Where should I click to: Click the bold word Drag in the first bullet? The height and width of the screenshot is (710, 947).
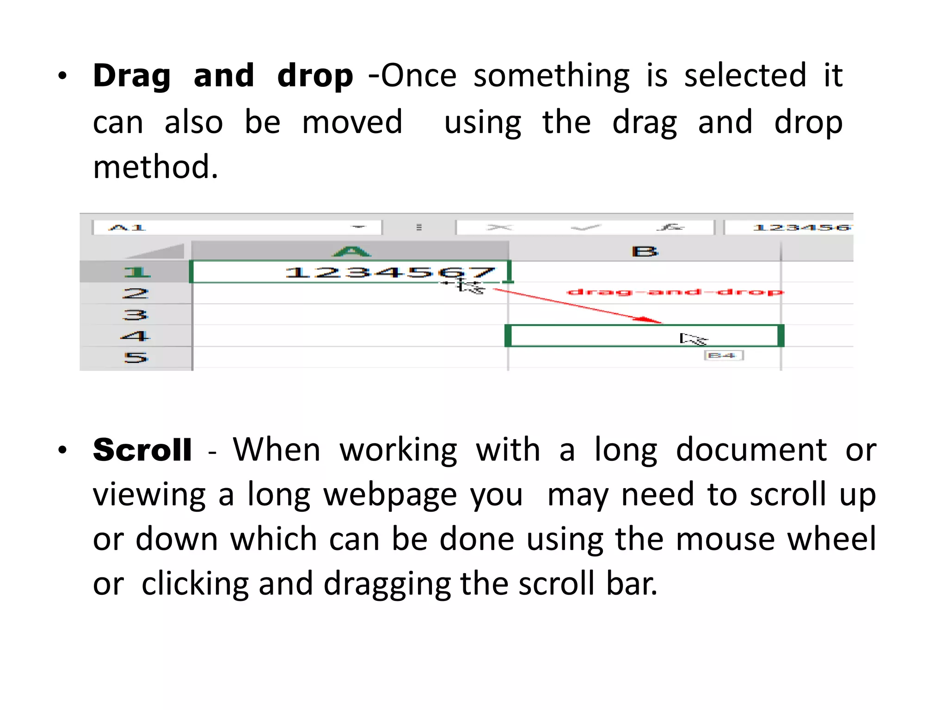point(131,76)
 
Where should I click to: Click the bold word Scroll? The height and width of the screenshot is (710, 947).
point(142,450)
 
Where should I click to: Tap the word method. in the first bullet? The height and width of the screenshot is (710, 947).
point(155,167)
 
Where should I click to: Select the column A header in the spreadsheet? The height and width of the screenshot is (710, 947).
point(351,251)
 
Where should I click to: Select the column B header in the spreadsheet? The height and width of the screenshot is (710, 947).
point(644,251)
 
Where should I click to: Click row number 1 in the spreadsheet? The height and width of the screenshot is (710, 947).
point(136,272)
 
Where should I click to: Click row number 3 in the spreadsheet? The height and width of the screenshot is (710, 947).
point(135,315)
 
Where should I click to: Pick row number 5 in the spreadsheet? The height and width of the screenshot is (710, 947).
point(135,357)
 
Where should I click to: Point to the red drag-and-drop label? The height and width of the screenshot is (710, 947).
point(675,292)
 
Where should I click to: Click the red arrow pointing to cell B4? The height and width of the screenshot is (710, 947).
point(578,306)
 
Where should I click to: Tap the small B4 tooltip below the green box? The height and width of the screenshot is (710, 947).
point(723,355)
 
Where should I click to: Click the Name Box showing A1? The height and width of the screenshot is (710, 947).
point(236,227)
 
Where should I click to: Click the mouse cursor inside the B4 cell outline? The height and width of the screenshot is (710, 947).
point(692,339)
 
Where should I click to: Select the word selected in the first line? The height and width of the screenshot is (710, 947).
point(745,76)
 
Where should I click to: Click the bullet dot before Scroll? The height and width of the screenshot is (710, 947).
point(63,450)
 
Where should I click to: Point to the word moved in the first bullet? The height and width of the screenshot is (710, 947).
point(352,122)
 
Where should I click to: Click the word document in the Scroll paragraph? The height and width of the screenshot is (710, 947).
point(751,450)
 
